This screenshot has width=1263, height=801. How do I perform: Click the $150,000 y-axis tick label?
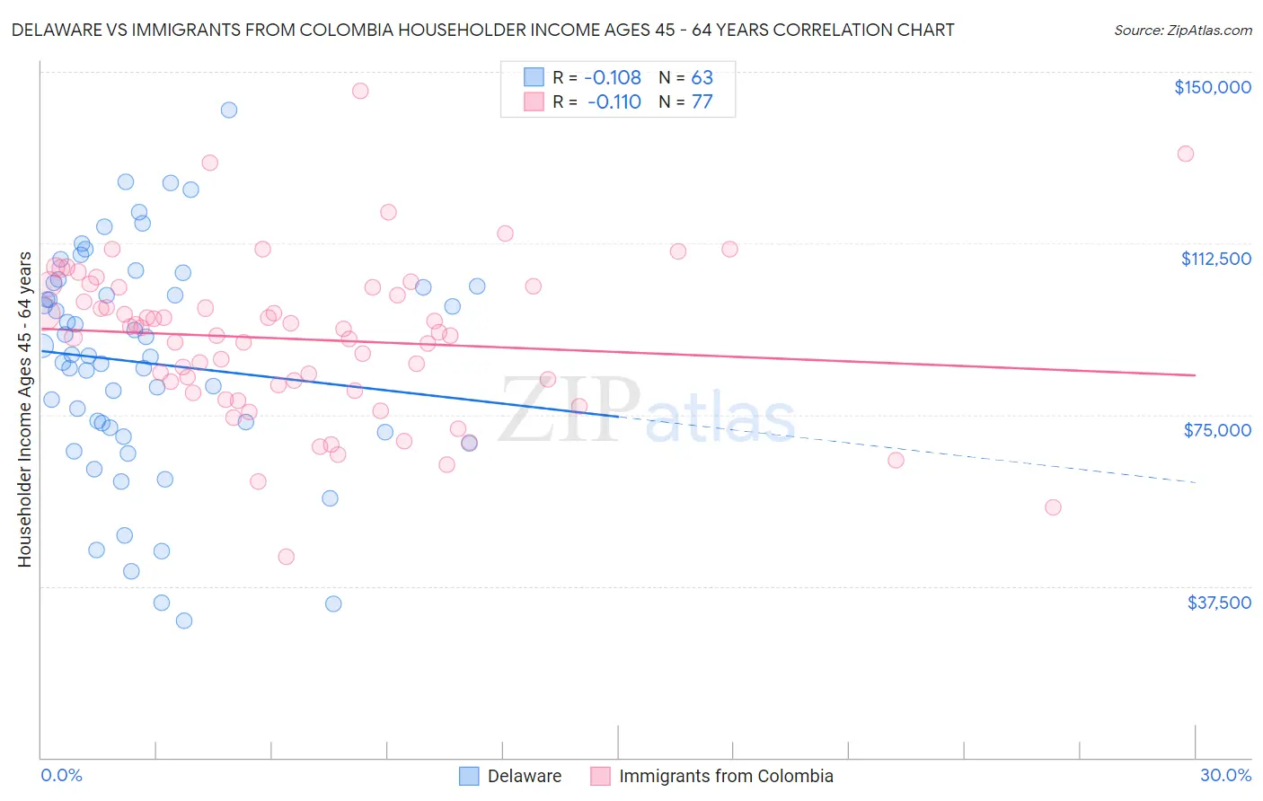[1212, 87]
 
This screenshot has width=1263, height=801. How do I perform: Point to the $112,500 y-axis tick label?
[1215, 259]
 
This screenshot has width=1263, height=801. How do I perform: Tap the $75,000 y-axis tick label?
[1217, 430]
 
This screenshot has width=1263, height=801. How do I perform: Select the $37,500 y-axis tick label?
[1219, 603]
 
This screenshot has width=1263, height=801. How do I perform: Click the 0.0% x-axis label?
[61, 775]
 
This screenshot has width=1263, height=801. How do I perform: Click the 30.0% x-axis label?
[1225, 775]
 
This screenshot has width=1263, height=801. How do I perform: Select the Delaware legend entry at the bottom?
[510, 776]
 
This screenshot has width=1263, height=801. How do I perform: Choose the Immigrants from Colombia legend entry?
[712, 776]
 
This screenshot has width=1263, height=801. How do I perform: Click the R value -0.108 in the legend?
[612, 77]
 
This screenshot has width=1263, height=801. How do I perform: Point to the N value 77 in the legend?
[702, 101]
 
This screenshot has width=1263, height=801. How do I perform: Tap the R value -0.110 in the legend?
[614, 101]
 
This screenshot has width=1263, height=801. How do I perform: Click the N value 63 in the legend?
[702, 77]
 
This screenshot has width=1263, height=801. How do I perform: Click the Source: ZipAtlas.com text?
[1182, 31]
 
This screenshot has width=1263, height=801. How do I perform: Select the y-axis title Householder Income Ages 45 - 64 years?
[25, 409]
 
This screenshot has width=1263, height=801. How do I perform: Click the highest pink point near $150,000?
[360, 91]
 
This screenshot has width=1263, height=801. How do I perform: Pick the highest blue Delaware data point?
[229, 110]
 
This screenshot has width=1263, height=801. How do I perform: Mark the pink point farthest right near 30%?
[1186, 154]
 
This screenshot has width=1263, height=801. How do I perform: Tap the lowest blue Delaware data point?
[184, 621]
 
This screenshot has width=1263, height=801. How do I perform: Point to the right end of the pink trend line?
[1195, 375]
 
